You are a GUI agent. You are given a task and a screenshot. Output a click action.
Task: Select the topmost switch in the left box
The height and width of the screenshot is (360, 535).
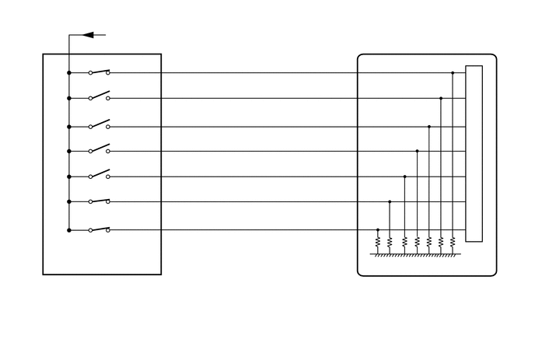point(99,72)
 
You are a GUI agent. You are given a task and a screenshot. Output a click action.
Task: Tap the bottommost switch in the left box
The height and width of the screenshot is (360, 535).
point(99,229)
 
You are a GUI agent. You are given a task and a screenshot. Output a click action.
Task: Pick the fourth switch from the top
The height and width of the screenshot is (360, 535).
point(99,149)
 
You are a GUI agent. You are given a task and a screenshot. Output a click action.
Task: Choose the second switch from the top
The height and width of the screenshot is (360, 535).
point(99,97)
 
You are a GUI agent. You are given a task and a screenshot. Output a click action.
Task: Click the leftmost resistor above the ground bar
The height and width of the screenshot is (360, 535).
point(378,243)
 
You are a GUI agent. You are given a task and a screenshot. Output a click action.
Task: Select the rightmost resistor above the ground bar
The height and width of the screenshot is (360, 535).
point(453,243)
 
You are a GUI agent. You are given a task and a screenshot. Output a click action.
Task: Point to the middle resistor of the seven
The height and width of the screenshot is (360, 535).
point(417,243)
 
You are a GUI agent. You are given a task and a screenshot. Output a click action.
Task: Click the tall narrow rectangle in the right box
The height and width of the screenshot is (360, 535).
point(474,153)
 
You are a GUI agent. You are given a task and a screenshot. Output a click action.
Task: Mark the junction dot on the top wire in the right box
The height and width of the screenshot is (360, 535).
point(453,73)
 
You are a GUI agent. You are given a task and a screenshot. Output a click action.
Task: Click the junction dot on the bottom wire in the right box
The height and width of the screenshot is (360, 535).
point(378,230)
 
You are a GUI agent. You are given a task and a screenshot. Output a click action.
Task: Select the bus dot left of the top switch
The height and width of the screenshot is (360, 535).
point(69,73)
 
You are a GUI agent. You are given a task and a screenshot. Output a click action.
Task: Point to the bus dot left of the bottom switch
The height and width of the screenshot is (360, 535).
point(69,230)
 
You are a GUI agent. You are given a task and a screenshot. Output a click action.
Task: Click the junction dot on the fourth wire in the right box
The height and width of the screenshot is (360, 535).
point(417,151)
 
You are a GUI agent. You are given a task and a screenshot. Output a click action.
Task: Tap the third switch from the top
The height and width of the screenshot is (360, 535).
point(99,124)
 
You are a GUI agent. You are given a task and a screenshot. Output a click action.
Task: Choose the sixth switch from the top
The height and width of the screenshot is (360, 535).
point(99,201)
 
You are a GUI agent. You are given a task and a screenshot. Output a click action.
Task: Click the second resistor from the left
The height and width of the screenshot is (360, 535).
point(390,243)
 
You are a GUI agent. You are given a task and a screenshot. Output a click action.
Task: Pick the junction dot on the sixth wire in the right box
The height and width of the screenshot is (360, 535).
point(390,202)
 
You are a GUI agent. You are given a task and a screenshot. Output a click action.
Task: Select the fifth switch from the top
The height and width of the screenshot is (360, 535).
point(99,175)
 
